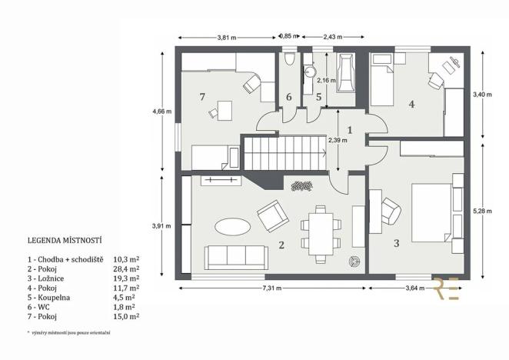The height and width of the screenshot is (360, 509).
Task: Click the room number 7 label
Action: point(201,97)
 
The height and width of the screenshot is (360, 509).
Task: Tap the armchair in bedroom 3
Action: point(390,210)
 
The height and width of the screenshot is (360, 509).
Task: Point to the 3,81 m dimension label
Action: point(227,37)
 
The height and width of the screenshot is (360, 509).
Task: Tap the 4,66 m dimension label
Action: point(162,111)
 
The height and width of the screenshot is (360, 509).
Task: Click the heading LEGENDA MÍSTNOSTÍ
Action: point(65,240)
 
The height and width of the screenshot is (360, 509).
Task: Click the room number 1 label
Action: point(350,130)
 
